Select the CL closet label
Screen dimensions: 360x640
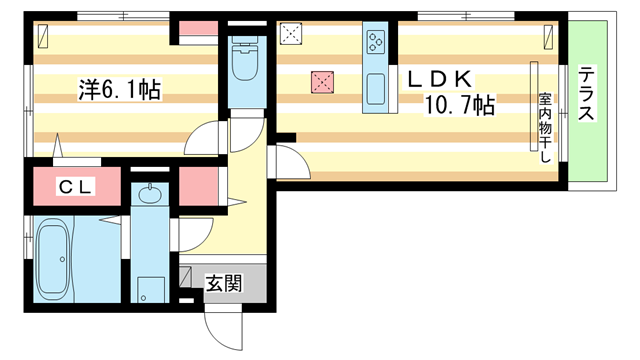click(76, 185)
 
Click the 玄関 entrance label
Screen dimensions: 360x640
click(224, 283)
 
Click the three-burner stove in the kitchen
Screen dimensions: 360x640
click(376, 42)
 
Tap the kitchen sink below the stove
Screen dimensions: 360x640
click(376, 88)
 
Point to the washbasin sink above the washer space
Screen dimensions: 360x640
click(152, 194)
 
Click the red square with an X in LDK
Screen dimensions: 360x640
click(322, 82)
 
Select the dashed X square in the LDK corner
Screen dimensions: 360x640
click(291, 34)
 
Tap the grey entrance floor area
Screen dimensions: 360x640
click(224, 283)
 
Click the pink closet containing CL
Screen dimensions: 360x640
click(76, 185)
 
